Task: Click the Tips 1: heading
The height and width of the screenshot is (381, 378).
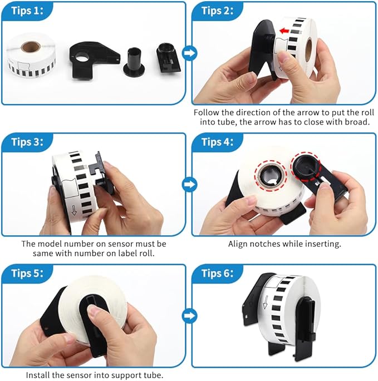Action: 27,11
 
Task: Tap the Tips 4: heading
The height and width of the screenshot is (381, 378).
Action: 218,142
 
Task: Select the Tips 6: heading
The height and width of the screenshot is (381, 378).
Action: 218,273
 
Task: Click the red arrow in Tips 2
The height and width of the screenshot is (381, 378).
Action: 284,31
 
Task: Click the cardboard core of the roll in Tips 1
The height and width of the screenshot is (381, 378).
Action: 31,47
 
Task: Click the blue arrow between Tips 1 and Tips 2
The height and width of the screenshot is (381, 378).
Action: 189,53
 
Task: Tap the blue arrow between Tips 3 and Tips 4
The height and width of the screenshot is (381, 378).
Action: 189,184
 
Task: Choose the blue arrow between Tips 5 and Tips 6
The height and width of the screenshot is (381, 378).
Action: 189,315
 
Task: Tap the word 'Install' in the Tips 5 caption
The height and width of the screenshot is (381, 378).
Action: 38,375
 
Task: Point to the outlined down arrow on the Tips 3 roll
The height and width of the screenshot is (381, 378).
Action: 74,210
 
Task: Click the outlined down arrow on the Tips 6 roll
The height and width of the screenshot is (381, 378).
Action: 266,302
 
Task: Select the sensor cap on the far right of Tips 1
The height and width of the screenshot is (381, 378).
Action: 168,58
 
